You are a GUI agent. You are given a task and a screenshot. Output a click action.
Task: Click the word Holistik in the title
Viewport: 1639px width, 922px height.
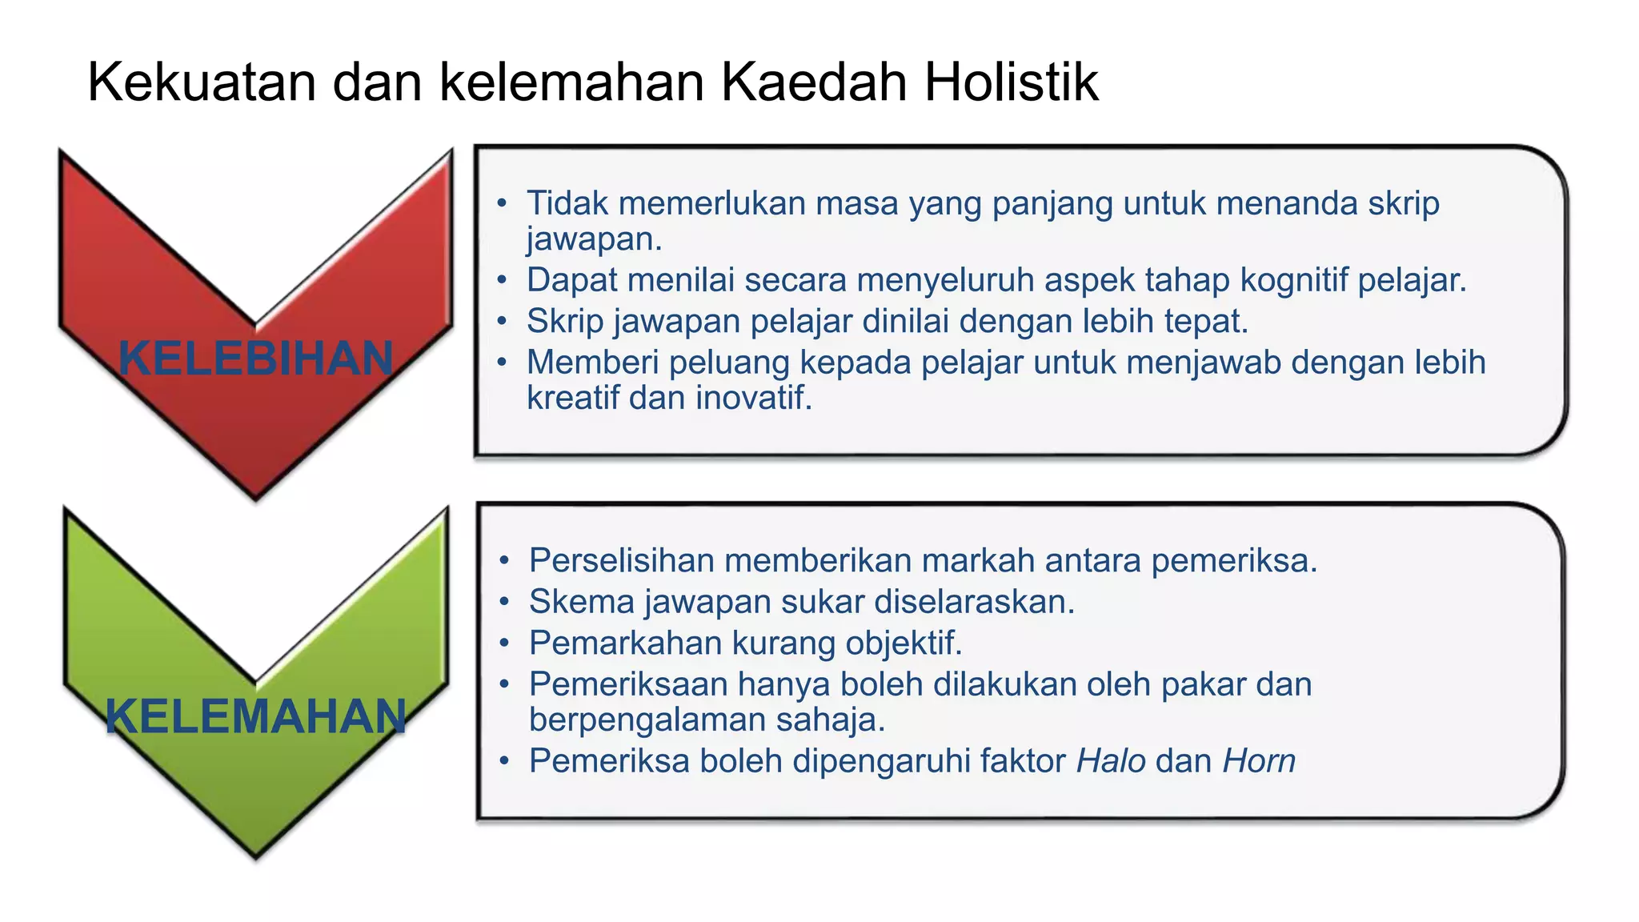click(x=1012, y=82)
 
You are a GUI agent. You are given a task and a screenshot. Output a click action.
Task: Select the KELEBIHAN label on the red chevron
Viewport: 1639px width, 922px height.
click(x=256, y=358)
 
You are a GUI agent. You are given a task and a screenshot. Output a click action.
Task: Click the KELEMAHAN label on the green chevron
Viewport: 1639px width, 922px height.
click(x=256, y=716)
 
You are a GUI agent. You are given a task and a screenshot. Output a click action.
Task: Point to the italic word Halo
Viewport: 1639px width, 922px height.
click(x=1111, y=760)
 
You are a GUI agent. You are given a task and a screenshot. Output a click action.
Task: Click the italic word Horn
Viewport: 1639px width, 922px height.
click(x=1259, y=760)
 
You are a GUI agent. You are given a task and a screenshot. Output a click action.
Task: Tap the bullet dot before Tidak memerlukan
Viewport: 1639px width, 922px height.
click(x=502, y=203)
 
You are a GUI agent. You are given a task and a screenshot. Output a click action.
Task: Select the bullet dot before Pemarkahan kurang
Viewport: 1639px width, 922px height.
click(x=503, y=643)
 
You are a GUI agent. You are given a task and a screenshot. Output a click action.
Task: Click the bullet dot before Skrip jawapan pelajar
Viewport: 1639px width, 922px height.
click(x=502, y=321)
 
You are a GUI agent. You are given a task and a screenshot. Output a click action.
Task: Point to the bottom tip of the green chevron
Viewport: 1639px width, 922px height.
click(x=256, y=856)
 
